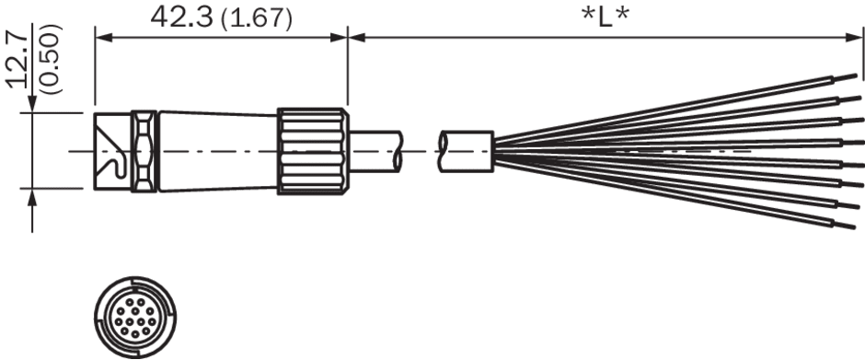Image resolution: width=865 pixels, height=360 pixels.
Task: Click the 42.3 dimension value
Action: (x=181, y=17)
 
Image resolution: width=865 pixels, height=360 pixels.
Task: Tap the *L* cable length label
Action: (x=605, y=18)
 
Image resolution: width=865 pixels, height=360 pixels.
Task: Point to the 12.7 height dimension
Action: (x=18, y=60)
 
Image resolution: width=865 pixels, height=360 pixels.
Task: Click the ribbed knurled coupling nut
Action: (x=313, y=151)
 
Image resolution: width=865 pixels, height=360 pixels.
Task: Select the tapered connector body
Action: (x=217, y=151)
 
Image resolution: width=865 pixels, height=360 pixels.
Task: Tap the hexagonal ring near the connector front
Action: (x=144, y=151)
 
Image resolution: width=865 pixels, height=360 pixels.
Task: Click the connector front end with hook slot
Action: (x=112, y=151)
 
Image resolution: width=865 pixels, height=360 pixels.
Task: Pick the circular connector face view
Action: (x=135, y=318)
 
